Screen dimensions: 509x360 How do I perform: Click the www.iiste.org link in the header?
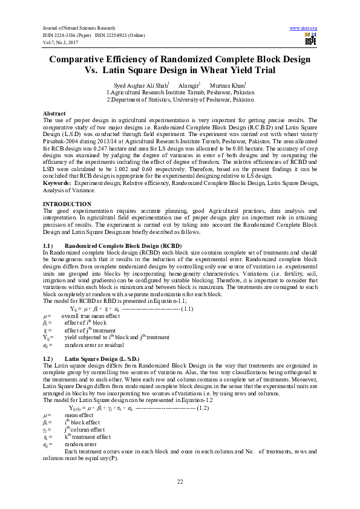304,28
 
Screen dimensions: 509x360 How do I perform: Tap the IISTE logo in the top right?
311,40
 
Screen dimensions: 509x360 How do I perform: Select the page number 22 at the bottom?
180,481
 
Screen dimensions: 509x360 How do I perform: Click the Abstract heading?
54,114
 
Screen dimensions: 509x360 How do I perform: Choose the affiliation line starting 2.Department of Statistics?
180,99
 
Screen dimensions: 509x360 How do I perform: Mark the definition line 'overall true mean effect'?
90,316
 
